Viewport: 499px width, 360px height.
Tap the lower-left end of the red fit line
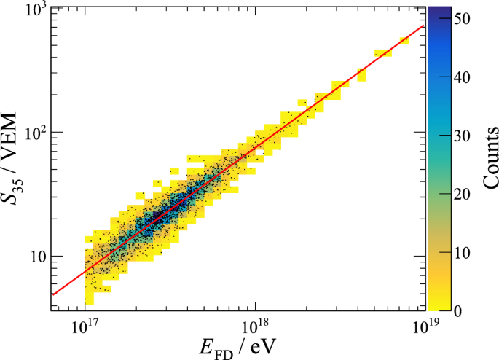tap(52, 294)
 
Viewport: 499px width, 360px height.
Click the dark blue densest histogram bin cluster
tap(162, 207)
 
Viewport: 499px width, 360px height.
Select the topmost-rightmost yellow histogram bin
tap(404, 41)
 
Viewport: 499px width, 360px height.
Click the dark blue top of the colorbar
tap(436, 10)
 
